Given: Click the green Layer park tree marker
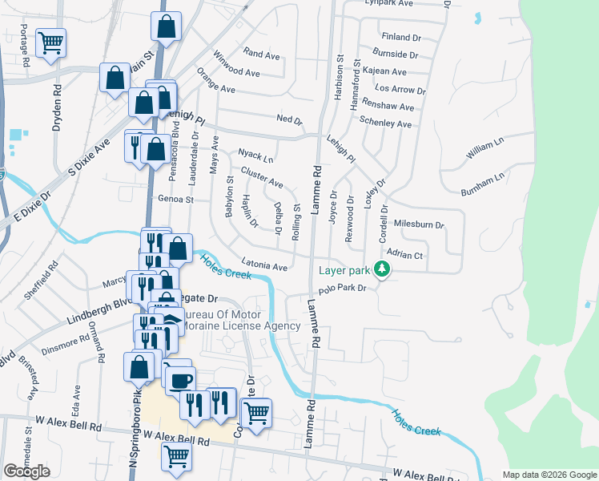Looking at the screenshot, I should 384,269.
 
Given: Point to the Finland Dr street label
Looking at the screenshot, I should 401,38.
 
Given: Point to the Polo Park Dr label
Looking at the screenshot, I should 342,289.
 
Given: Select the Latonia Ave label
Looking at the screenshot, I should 263,265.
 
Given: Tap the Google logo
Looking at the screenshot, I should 26,471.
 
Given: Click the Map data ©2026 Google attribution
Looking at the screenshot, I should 549,475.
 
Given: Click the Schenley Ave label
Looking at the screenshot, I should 385,123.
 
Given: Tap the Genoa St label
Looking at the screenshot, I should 175,199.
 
